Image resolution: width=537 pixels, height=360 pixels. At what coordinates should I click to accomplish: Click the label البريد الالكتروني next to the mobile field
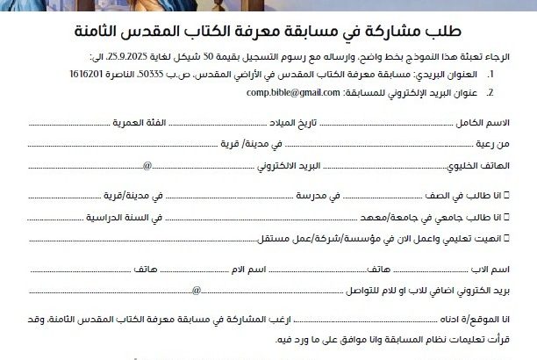tap(302, 164)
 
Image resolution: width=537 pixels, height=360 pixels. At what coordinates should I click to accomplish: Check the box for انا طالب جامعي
tap(521, 217)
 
